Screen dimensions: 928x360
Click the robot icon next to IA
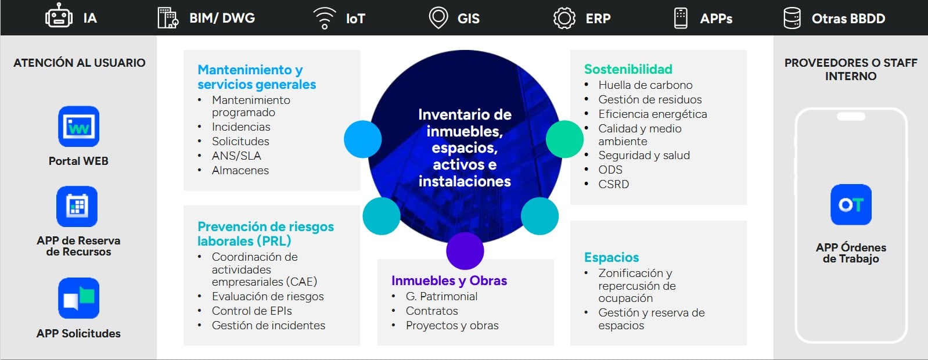coord(59,16)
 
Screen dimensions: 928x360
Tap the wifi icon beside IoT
coord(325,18)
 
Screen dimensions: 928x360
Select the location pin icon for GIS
coord(438,18)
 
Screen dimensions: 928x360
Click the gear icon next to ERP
coord(564,18)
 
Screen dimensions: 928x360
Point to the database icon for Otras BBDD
coord(792,18)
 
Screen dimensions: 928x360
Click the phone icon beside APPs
coord(681,18)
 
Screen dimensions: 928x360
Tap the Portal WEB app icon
coord(79,127)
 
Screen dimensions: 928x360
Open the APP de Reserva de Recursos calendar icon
coord(77,206)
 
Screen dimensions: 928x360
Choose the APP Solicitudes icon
coord(79,298)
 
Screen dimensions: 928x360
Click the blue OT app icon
coord(851,204)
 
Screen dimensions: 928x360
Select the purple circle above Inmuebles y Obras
coord(465,251)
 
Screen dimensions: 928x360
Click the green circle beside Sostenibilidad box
coord(564,139)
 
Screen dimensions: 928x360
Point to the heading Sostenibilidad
coord(628,69)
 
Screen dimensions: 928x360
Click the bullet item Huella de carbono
coord(645,85)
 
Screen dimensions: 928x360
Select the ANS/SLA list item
coord(236,156)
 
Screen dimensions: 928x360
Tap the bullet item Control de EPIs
coord(252,311)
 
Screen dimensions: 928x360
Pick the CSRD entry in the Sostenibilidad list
coord(614,184)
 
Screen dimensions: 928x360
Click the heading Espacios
coord(612,257)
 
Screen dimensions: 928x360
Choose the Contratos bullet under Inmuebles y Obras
coord(431,311)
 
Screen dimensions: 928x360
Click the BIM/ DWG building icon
coord(168,18)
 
